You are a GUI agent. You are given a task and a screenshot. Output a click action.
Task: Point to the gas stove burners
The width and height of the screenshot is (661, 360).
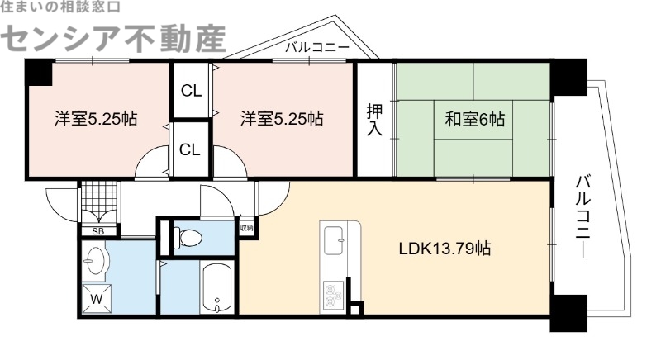pyautogui.click(x=335, y=293)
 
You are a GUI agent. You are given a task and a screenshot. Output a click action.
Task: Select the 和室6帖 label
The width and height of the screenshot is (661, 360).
pyautogui.click(x=474, y=120)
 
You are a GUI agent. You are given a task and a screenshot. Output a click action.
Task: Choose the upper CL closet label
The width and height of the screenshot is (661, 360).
pyautogui.click(x=191, y=91)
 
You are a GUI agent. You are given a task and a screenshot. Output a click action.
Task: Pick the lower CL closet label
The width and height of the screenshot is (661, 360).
pyautogui.click(x=191, y=149)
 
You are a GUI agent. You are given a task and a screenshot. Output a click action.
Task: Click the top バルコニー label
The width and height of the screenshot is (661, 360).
pyautogui.click(x=316, y=48)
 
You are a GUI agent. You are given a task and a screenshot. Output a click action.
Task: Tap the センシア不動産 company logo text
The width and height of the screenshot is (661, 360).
pyautogui.click(x=118, y=36)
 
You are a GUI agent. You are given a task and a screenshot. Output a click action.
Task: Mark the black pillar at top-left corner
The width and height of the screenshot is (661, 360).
pyautogui.click(x=36, y=73)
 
